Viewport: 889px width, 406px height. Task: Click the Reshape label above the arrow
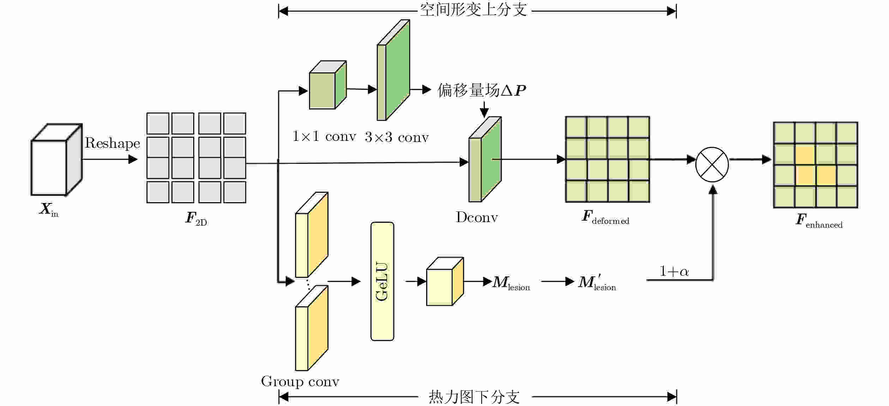112,143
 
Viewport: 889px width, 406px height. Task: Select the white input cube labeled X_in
56,160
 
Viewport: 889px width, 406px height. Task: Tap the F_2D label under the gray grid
196,218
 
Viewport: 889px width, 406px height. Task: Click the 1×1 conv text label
324,136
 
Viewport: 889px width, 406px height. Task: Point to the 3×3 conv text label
397,137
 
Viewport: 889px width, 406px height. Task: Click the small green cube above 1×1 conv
328,85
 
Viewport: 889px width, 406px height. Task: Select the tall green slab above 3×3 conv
393,70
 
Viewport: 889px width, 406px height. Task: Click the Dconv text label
477,217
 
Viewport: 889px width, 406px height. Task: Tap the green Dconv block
485,159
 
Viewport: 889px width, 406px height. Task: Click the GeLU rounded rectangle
382,281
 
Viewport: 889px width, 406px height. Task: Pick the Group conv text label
300,382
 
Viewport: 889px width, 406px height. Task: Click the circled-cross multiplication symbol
712,164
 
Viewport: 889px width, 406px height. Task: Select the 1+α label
674,271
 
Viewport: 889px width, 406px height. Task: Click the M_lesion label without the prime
511,283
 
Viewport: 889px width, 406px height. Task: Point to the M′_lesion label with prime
597,283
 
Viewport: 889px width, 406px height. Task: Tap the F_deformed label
605,217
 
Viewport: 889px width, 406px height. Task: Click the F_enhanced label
819,221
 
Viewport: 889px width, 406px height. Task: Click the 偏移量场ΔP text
482,90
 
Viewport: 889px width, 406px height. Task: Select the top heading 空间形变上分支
474,10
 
